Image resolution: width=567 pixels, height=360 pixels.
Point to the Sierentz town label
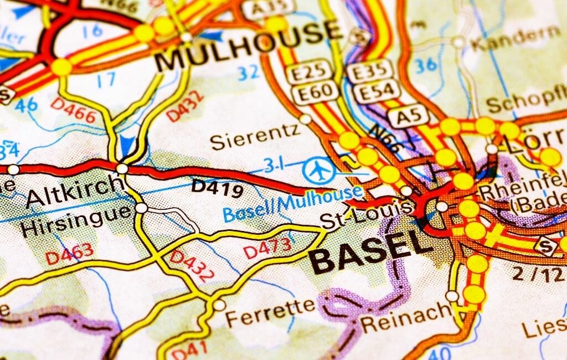(255, 136)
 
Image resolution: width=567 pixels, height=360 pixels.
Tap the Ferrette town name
(270, 316)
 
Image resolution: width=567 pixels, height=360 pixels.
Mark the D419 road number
(217, 188)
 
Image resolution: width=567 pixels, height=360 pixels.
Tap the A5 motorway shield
(408, 116)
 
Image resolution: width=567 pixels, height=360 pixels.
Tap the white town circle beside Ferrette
(220, 305)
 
